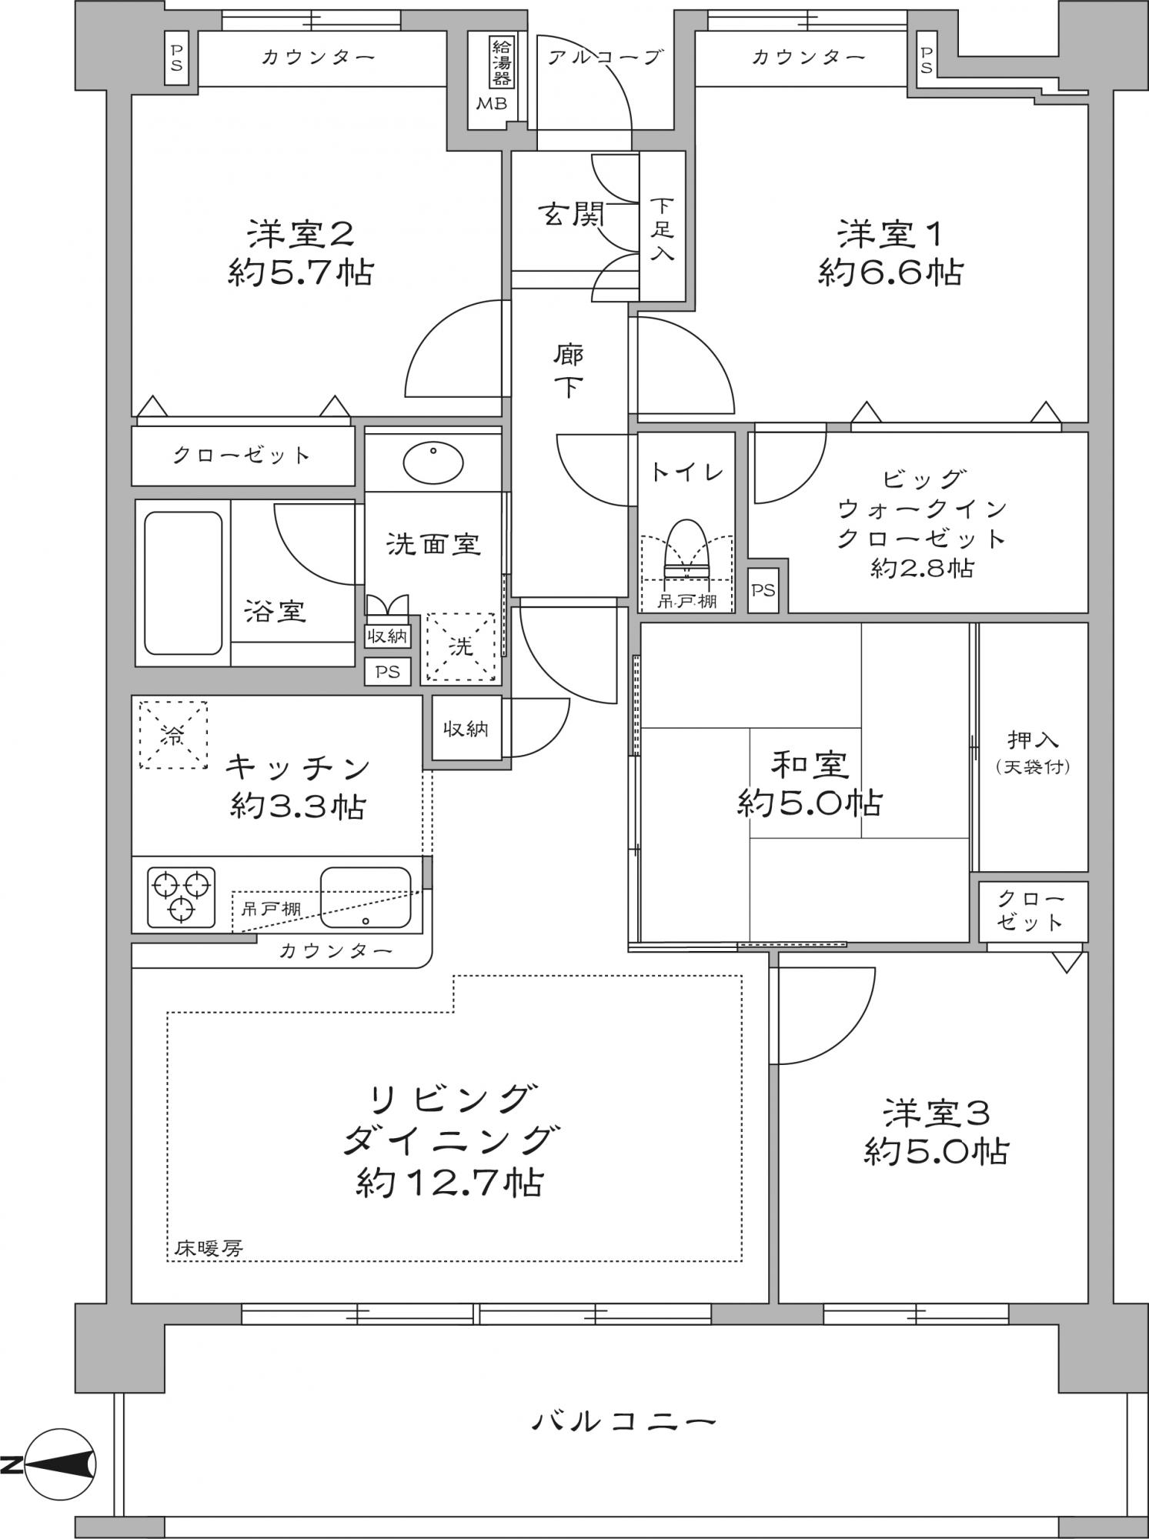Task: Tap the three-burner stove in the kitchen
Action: pyautogui.click(x=182, y=896)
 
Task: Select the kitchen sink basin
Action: pyautogui.click(x=365, y=897)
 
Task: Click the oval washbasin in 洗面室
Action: pyautogui.click(x=433, y=461)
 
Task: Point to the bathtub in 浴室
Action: pyautogui.click(x=183, y=583)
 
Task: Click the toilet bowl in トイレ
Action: pyautogui.click(x=686, y=548)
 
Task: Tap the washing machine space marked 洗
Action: pyautogui.click(x=460, y=647)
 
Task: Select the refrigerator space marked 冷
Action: pyautogui.click(x=173, y=734)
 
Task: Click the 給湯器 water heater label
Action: pyautogui.click(x=501, y=61)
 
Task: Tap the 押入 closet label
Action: pyautogui.click(x=1033, y=740)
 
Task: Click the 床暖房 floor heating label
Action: pyautogui.click(x=208, y=1248)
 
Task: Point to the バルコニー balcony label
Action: pyautogui.click(x=623, y=1420)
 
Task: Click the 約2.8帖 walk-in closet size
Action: pyautogui.click(x=922, y=568)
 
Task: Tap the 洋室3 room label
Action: pyautogui.click(x=936, y=1113)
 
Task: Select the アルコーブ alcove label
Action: pyautogui.click(x=605, y=57)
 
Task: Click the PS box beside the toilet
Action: pyautogui.click(x=763, y=590)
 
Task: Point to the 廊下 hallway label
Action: pyautogui.click(x=569, y=372)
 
